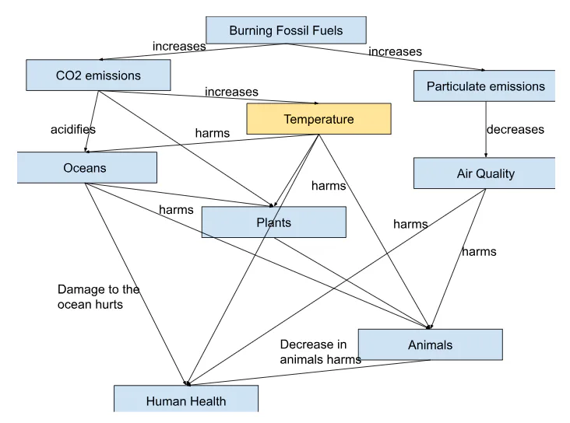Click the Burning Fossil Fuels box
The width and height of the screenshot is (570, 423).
(286, 30)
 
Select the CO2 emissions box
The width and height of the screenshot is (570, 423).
(98, 75)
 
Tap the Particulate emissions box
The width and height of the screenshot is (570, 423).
(485, 86)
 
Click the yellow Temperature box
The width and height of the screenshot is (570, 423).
(318, 119)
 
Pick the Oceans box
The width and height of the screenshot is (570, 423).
(86, 168)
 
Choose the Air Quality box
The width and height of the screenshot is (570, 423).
(485, 173)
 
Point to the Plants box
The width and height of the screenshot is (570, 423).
(273, 222)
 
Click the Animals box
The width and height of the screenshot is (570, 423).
(430, 344)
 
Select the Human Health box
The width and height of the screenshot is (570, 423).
(186, 400)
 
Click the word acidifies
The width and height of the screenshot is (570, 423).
(73, 129)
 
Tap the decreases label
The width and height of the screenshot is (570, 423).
(515, 129)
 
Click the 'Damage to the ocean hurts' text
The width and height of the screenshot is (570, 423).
(98, 297)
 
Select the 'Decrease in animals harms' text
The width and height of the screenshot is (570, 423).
(320, 352)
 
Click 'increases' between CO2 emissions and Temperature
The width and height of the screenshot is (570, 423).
(231, 92)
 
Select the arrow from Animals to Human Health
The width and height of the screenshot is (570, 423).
(311, 372)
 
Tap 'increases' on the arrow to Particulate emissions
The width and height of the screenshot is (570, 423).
(395, 52)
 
